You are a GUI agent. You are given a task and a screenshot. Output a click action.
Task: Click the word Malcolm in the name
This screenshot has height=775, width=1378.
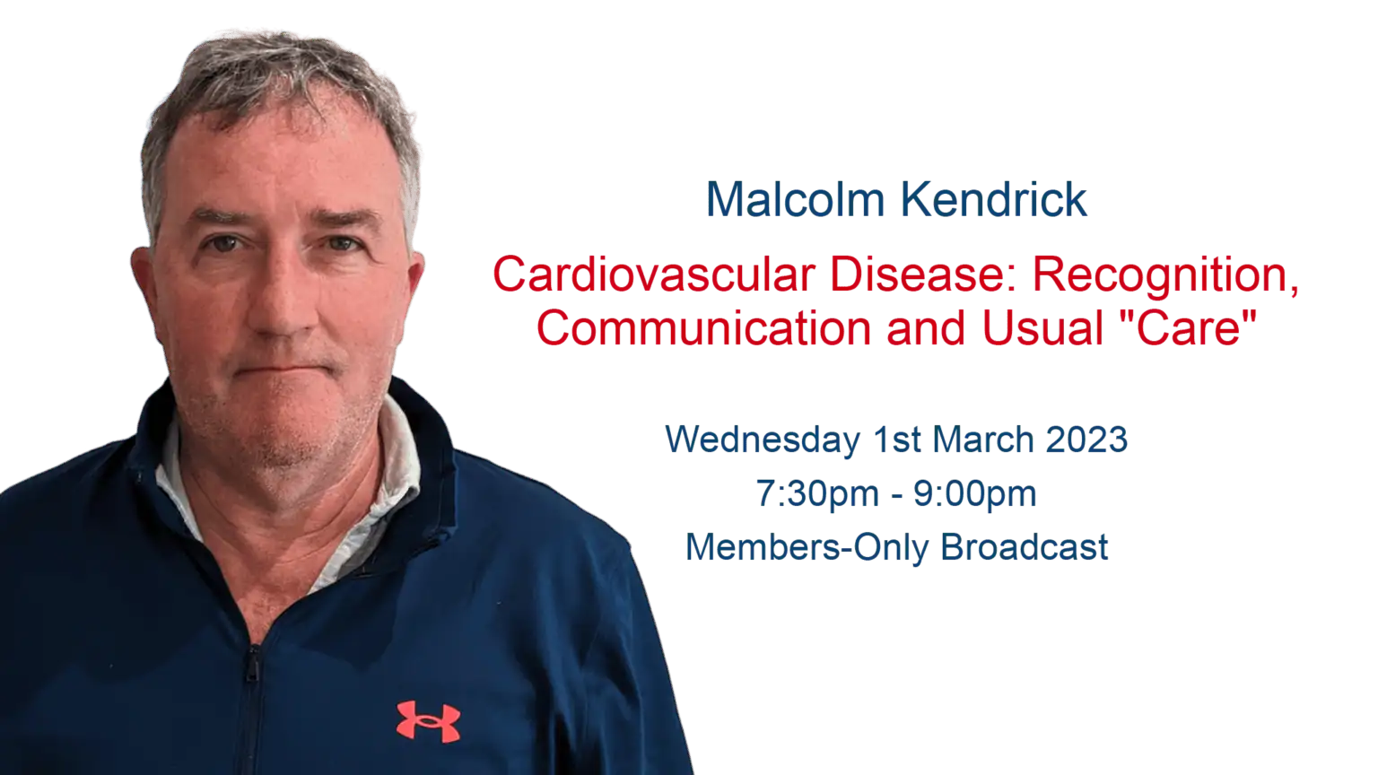[795, 199]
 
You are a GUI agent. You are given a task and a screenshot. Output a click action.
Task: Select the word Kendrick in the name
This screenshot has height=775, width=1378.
[994, 199]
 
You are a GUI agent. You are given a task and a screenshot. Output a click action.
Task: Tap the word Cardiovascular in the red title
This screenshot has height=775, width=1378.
[654, 274]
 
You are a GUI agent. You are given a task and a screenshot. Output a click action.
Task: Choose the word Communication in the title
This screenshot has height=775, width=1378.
[704, 327]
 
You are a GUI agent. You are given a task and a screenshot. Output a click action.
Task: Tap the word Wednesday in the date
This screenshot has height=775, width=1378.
[763, 440]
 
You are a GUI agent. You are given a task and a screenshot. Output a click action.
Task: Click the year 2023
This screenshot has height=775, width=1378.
[1086, 440]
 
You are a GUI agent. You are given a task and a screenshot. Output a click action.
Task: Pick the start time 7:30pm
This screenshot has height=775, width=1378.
[817, 494]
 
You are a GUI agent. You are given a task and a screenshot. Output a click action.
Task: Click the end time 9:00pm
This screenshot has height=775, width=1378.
[975, 494]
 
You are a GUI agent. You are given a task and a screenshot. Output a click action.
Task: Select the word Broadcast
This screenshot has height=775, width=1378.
[1025, 547]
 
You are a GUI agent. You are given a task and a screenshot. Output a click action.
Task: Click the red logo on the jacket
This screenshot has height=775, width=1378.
[428, 721]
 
